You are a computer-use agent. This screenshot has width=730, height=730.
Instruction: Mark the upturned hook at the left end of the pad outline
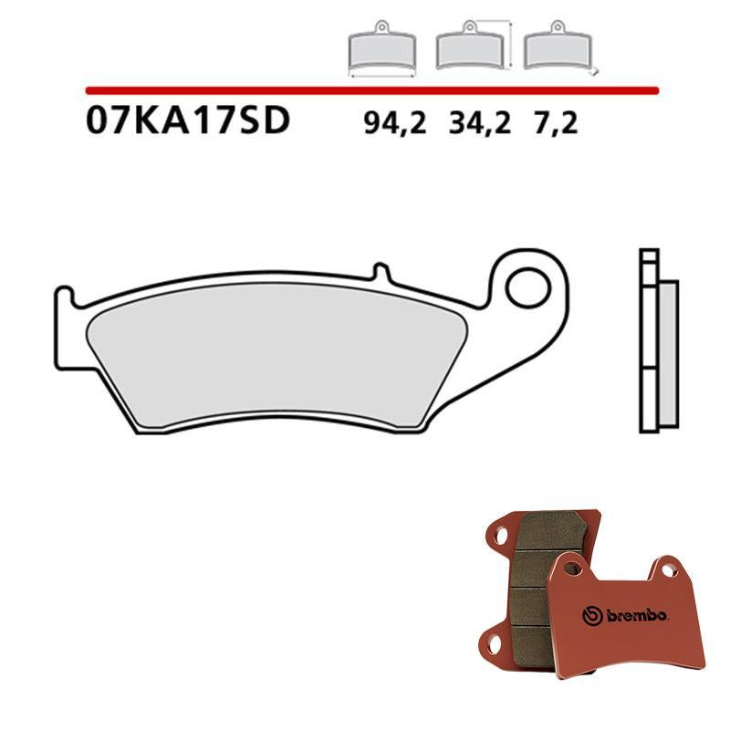tap(63, 297)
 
